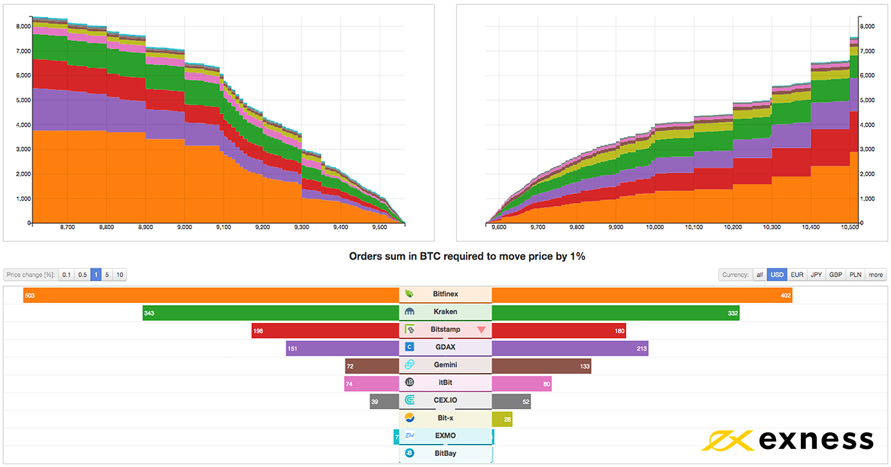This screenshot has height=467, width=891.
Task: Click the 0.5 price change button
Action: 82,275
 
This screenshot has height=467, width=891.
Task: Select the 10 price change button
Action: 120,275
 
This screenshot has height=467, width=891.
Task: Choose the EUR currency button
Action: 797,275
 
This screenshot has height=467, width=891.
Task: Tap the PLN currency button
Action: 855,275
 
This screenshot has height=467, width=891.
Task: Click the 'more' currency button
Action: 876,275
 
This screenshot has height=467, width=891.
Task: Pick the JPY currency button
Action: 816,275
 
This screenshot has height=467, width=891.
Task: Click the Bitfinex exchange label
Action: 445,294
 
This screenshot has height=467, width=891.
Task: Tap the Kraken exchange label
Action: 445,312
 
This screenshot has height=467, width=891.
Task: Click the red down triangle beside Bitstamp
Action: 482,330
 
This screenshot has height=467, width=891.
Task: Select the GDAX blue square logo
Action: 410,347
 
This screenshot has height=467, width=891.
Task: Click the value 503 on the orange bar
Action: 30,296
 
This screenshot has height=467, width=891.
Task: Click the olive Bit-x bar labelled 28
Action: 502,418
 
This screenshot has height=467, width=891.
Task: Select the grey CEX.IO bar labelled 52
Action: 512,401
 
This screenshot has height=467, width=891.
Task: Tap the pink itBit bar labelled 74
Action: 372,383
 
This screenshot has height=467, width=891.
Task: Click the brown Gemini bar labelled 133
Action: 541,365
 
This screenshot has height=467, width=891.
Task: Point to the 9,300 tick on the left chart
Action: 301,227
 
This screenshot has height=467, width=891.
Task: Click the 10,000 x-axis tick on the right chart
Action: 655,227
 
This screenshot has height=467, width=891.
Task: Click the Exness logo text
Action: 816,440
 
